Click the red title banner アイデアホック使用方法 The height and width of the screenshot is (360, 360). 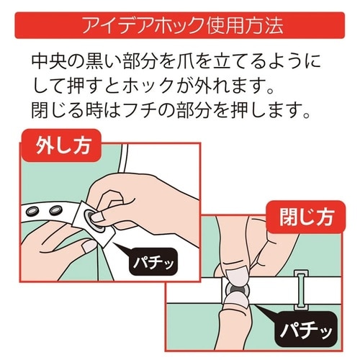pyautogui.click(x=180, y=25)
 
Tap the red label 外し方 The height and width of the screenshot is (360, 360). pyautogui.click(x=60, y=145)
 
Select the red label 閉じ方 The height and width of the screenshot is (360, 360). pyautogui.click(x=306, y=217)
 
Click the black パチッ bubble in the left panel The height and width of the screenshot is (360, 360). pyautogui.click(x=153, y=261)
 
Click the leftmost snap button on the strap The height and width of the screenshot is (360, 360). pyautogui.click(x=32, y=211)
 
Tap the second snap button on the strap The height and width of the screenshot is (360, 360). pyautogui.click(x=56, y=210)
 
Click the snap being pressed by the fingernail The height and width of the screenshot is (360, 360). pyautogui.click(x=94, y=221)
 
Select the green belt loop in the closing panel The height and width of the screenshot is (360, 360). pyautogui.click(x=302, y=289)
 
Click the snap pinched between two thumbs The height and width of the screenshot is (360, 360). pyautogui.click(x=236, y=290)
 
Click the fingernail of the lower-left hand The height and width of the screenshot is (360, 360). pyautogui.click(x=89, y=246)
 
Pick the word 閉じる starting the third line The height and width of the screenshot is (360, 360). pyautogui.click(x=58, y=110)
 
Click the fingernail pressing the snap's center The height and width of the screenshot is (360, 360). pyautogui.click(x=98, y=217)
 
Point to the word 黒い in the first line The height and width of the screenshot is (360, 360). pyautogui.click(x=105, y=61)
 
